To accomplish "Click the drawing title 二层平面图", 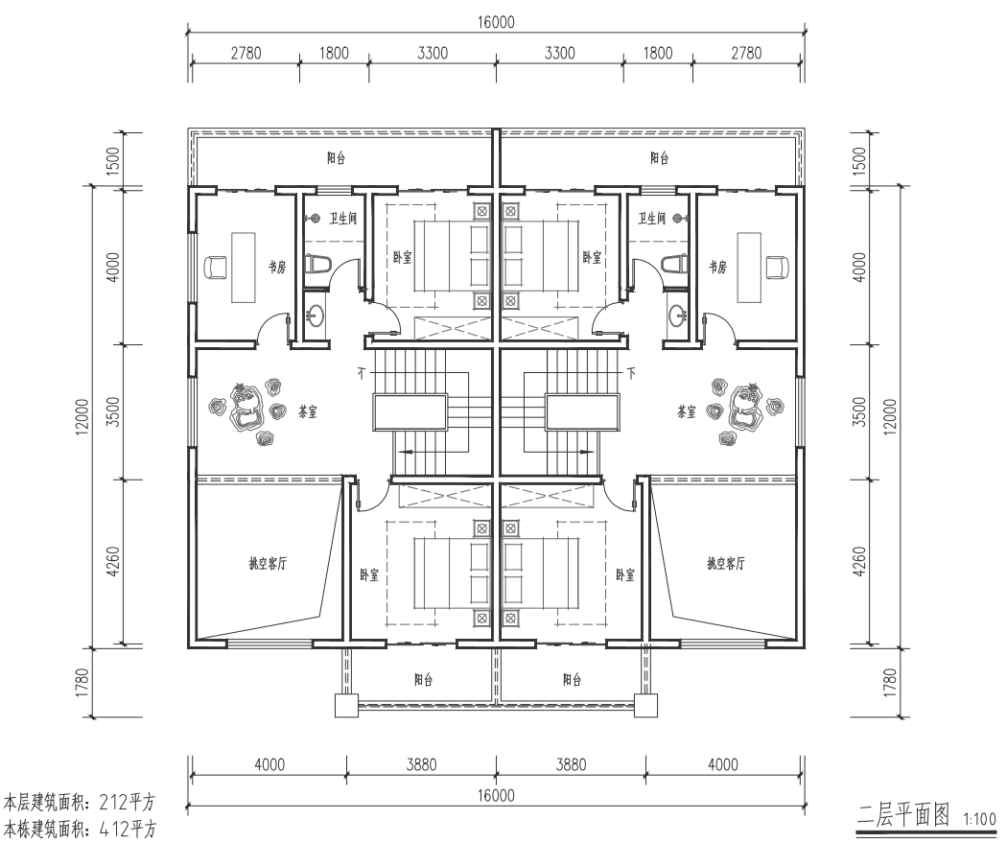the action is click(903, 815).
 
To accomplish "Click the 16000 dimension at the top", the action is click(496, 22).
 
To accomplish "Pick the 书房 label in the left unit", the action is click(277, 267).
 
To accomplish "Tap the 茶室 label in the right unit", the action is click(686, 411).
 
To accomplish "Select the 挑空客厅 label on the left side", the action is click(268, 564).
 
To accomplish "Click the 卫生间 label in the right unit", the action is click(651, 219).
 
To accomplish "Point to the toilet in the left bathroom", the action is click(318, 264).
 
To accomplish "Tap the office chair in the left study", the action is click(215, 267).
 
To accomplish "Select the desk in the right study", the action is click(748, 267).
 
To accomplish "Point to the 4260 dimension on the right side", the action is click(860, 561).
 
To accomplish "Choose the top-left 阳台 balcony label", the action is click(336, 158).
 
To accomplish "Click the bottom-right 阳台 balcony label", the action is click(572, 679).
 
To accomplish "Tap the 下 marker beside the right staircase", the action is click(632, 372).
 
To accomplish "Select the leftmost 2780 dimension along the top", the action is click(246, 53).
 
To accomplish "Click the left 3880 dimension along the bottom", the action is click(421, 764).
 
